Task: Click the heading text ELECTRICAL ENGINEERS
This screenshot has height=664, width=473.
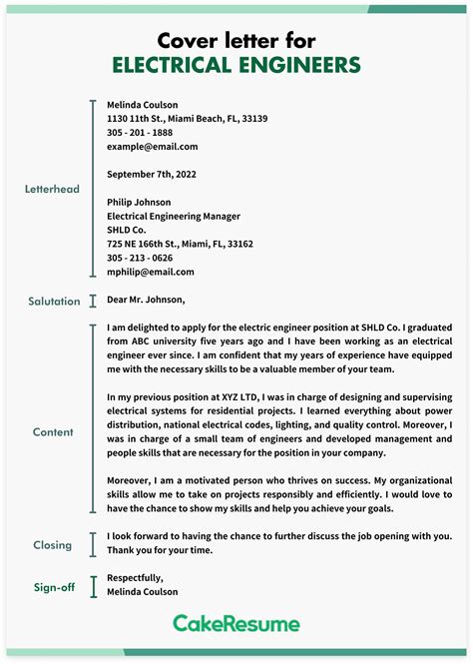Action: coord(236,66)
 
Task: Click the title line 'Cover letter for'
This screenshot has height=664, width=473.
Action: coord(236,40)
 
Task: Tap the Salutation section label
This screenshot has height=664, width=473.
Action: coord(54,301)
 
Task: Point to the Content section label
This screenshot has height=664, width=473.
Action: coord(52,432)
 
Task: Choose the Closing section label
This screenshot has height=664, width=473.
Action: coord(52,545)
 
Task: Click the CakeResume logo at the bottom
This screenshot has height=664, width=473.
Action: coord(236,624)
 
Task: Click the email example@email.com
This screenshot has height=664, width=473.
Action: coord(152,146)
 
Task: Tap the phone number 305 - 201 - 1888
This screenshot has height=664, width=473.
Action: coord(140,132)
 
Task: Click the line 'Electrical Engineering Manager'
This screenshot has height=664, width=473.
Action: coord(173,216)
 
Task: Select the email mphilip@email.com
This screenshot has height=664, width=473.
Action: coord(150,272)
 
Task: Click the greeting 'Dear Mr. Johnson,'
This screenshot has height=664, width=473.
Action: coord(146,300)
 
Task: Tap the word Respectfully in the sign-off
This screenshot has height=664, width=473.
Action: coord(135,577)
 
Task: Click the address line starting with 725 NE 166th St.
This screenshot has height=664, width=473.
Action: coord(180,244)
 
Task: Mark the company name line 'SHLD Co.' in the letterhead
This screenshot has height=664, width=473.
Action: coord(129,230)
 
